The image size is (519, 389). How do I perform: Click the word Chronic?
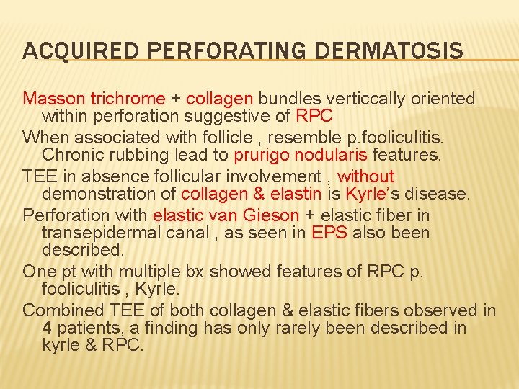pyautogui.click(x=73, y=155)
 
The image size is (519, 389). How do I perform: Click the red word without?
pyautogui.click(x=366, y=176)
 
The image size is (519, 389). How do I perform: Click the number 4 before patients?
pyautogui.click(x=47, y=328)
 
